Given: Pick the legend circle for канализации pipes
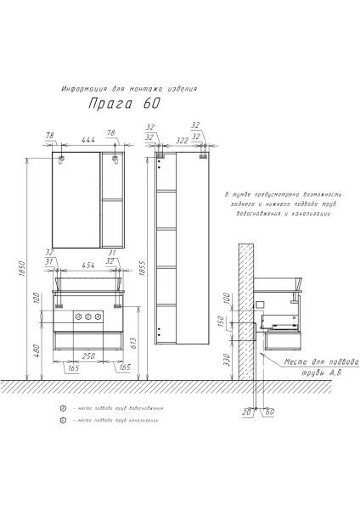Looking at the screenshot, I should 62,422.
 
